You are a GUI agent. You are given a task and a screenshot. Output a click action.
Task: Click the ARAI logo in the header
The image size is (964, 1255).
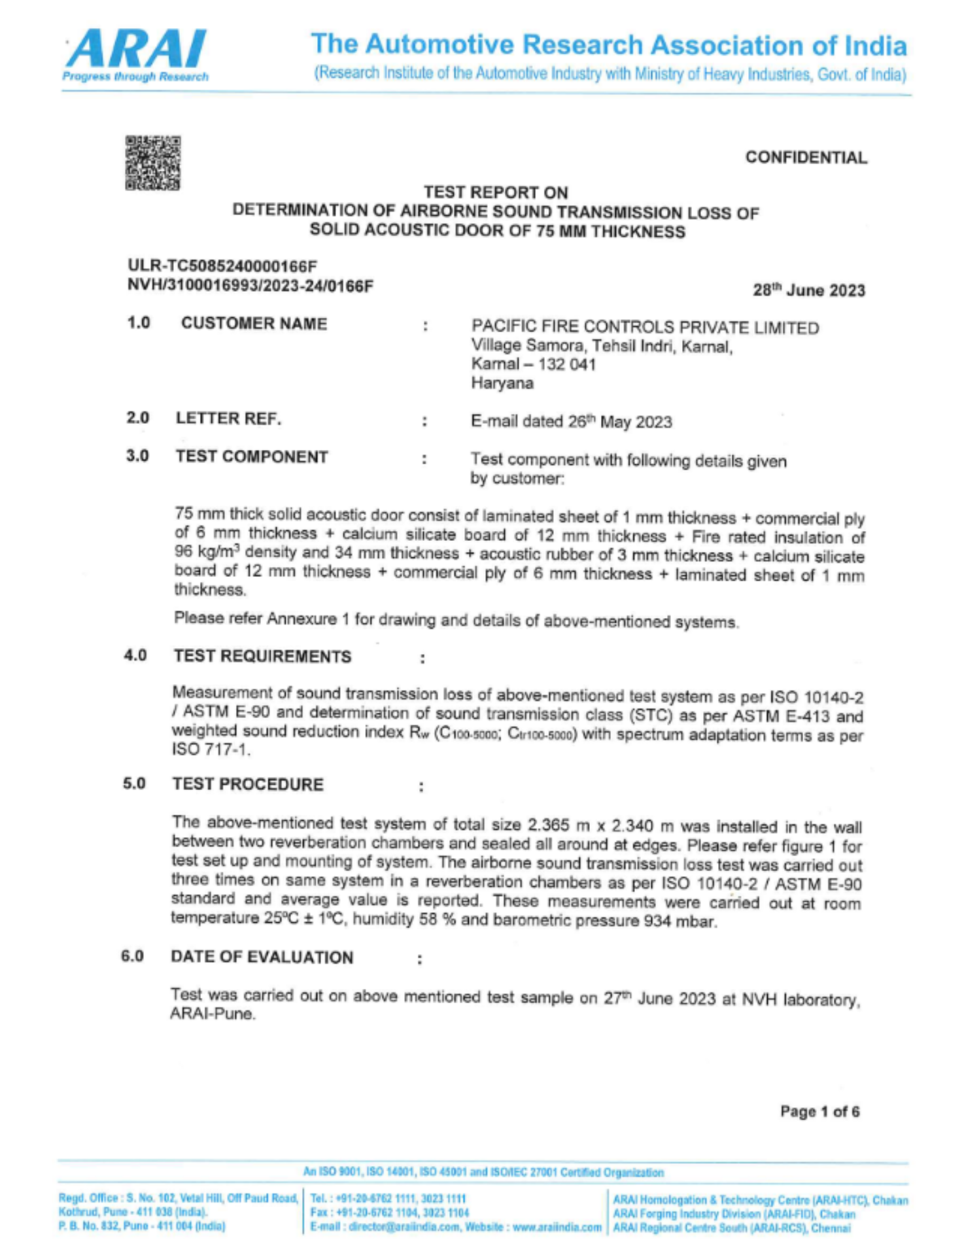(x=136, y=55)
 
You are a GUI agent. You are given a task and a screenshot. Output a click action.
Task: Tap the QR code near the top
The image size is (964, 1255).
(x=153, y=163)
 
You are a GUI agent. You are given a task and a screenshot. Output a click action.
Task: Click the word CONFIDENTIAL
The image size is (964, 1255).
(x=806, y=158)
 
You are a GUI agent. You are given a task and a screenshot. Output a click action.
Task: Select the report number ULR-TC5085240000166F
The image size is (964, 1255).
(x=222, y=266)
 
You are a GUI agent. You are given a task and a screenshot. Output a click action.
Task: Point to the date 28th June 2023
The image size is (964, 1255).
(x=808, y=290)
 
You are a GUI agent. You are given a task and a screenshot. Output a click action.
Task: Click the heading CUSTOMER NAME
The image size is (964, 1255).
(x=254, y=324)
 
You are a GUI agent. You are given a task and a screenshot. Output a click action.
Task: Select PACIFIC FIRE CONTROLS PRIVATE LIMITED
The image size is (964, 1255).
(x=645, y=327)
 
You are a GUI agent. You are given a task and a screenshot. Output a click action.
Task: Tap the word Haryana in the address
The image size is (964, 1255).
(x=502, y=383)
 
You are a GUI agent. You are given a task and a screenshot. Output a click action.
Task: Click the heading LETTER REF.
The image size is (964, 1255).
(x=228, y=419)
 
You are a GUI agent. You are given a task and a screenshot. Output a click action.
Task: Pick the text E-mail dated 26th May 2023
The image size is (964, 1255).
(x=571, y=422)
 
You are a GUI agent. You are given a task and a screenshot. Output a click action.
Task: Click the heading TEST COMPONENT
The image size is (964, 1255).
(x=252, y=456)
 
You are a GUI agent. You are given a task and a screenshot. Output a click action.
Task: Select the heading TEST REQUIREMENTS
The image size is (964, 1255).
(x=262, y=657)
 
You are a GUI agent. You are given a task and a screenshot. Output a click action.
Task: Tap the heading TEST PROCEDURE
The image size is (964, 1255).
(x=248, y=784)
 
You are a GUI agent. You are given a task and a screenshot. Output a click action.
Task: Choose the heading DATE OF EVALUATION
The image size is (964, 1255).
(x=262, y=957)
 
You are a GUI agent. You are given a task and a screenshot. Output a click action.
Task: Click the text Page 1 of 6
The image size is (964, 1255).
(x=819, y=1112)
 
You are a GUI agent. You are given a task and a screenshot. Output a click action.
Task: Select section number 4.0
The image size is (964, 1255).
(x=135, y=655)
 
